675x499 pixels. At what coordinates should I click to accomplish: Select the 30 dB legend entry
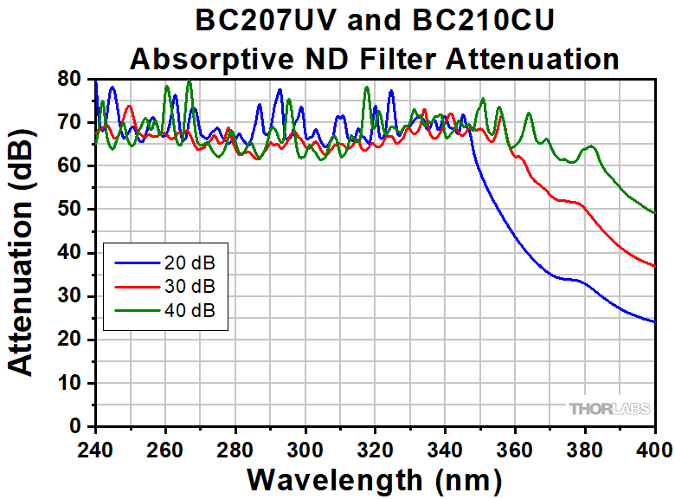(x=187, y=286)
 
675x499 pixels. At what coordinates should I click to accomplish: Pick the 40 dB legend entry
(x=187, y=309)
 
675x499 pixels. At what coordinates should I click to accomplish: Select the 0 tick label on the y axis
(x=76, y=426)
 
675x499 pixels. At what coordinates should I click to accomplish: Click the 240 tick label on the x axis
(x=95, y=450)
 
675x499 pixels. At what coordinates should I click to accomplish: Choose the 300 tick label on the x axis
(x=305, y=450)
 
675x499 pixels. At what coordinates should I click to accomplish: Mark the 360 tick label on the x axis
(x=515, y=450)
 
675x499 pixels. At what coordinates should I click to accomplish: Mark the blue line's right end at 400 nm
(x=655, y=322)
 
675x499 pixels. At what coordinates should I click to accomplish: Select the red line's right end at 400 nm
(x=655, y=266)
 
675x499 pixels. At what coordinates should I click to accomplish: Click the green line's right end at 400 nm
(x=655, y=213)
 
